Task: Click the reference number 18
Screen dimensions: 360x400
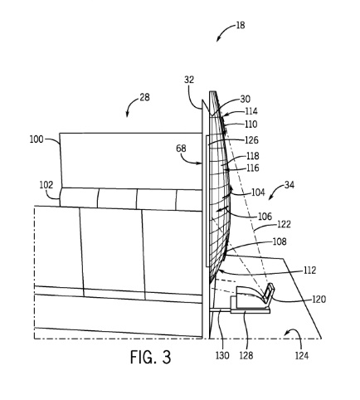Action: (241, 26)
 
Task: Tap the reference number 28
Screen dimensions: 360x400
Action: (144, 97)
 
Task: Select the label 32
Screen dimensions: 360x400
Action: (189, 80)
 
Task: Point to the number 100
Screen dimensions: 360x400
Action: (36, 139)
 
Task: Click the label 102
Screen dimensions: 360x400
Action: (46, 185)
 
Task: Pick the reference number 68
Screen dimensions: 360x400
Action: (181, 149)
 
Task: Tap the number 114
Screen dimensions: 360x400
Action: (251, 111)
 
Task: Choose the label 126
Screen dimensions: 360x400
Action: (251, 140)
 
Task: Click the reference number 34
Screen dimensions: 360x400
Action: (289, 185)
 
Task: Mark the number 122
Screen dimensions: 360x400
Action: (284, 224)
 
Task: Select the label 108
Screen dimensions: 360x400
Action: (280, 241)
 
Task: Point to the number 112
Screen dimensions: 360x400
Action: (309, 271)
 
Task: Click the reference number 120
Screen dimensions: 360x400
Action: (319, 300)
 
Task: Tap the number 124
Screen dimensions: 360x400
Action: (302, 355)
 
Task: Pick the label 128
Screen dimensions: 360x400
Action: (246, 355)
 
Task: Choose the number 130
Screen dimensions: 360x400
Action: (222, 355)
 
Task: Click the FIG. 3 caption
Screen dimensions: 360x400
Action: (150, 357)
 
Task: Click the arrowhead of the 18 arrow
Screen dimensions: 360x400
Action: (217, 40)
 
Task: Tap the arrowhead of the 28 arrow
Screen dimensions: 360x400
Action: (127, 115)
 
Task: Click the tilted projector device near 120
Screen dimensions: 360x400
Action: (267, 293)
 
